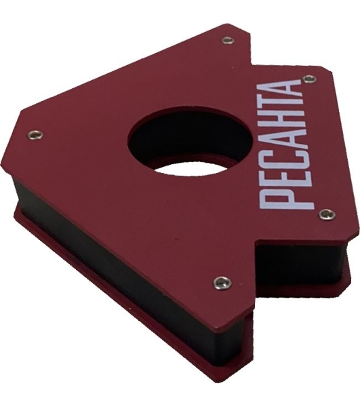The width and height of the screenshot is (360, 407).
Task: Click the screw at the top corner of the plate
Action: (x=228, y=41)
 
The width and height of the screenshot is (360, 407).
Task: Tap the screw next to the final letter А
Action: (x=310, y=79)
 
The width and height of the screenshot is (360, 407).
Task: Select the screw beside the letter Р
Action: (x=327, y=214)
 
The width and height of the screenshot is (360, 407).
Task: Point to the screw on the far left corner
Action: (x=35, y=134)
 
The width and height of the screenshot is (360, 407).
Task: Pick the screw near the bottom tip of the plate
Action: (x=222, y=283)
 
